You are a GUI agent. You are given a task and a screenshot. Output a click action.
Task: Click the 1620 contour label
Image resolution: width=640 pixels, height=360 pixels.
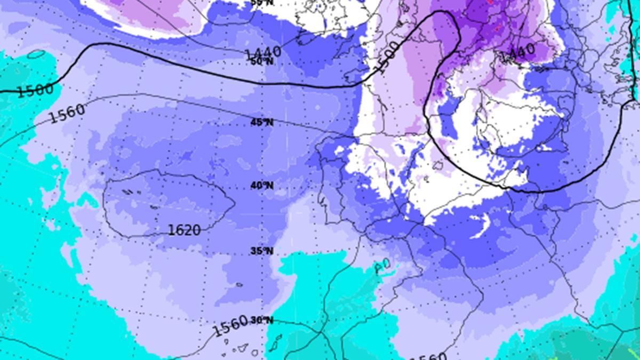[184, 230]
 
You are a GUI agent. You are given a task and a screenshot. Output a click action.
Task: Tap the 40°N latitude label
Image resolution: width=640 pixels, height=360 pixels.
[262, 186]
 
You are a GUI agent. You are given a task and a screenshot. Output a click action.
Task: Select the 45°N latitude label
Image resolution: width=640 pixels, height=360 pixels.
[262, 122]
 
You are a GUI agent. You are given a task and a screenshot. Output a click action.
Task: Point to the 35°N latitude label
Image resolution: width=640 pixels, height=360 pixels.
[262, 251]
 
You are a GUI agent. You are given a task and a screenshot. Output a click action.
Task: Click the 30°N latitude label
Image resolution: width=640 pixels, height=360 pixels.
[262, 320]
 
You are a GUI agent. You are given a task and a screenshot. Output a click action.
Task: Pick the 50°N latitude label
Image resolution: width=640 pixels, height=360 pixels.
[262, 61]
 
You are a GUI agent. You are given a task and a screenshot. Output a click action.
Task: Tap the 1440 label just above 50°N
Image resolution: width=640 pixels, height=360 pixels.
[262, 53]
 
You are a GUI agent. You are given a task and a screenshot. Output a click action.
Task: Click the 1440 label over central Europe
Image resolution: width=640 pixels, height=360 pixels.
[517, 52]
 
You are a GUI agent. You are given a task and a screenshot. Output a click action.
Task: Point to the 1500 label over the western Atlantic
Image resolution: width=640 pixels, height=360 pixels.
[35, 90]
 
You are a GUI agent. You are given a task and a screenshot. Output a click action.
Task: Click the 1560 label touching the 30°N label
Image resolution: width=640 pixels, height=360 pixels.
[230, 326]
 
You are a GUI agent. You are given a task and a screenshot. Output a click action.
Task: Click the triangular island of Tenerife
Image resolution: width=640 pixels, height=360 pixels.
[243, 348]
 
